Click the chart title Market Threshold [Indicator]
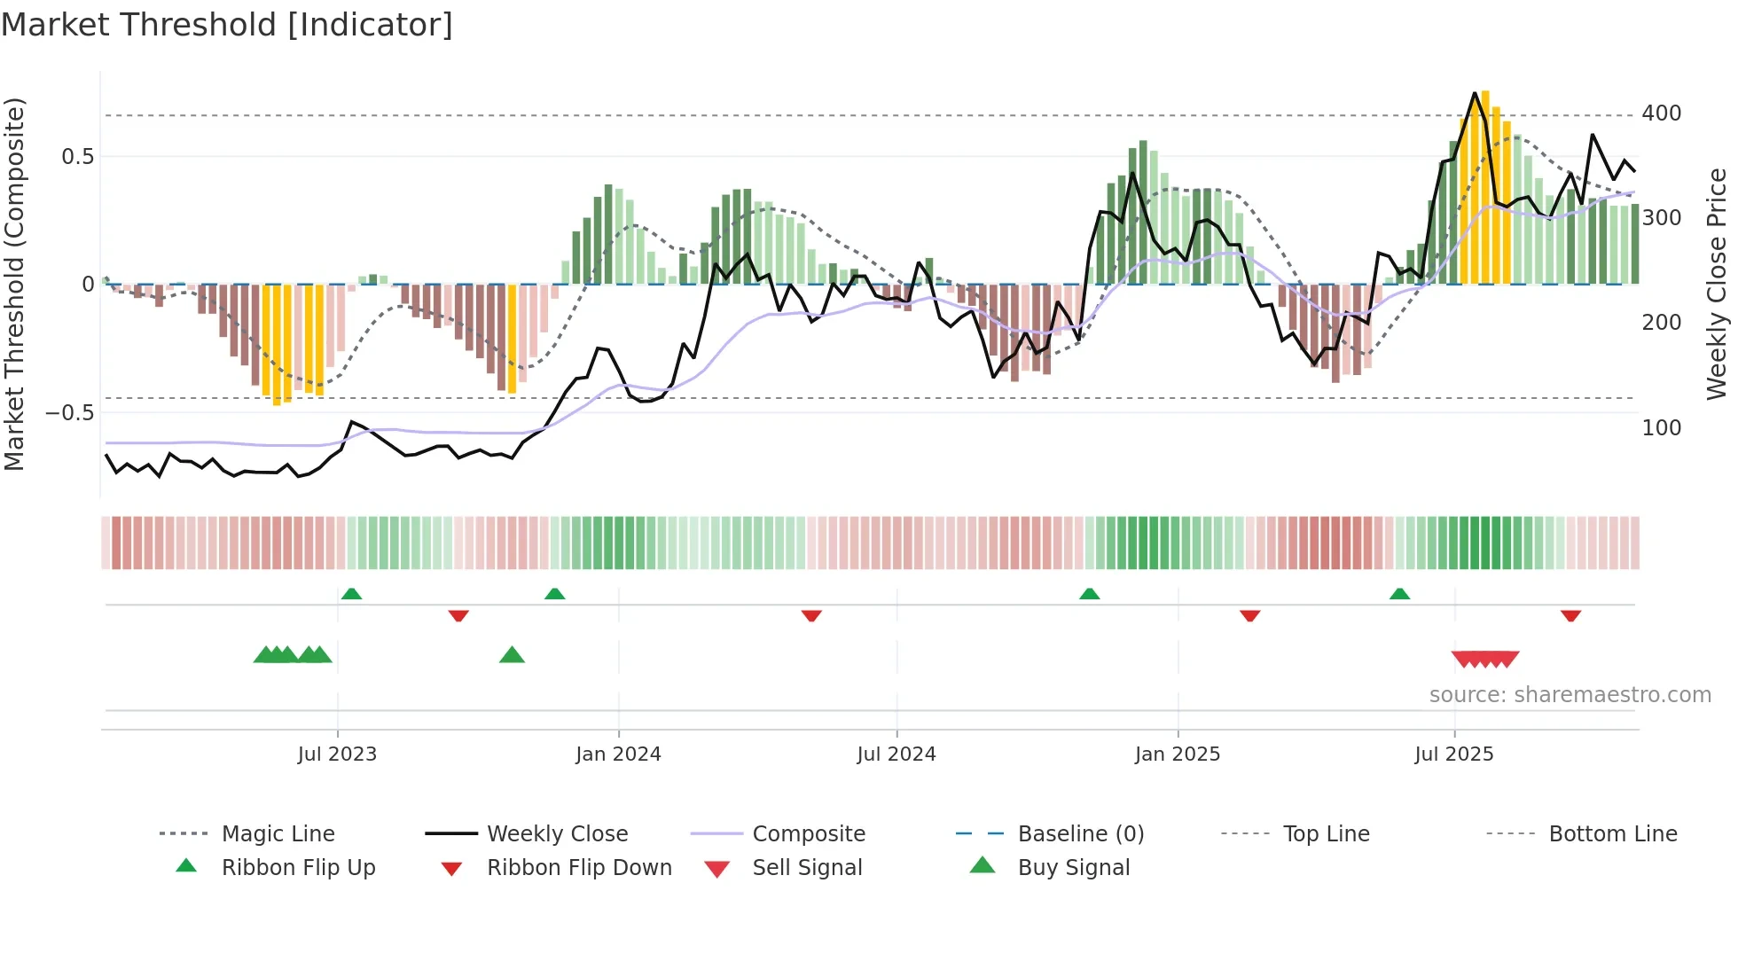coord(227,25)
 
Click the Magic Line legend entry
coord(278,833)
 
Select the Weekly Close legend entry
coord(557,833)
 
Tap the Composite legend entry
coord(808,833)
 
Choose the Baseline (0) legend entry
coord(1080,833)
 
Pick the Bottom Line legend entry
coord(1612,833)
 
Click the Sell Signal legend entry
coord(806,867)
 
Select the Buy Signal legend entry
coord(1073,867)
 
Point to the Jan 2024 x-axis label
coord(618,754)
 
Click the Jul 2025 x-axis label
coord(1453,754)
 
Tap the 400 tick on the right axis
coord(1661,113)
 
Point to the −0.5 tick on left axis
coord(69,412)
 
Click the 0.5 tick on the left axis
coord(77,157)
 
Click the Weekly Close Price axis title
coord(1717,284)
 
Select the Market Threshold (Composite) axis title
coord(14,284)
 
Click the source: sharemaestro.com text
coord(1570,694)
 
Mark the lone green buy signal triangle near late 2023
coord(512,655)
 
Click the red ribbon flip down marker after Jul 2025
coord(1570,615)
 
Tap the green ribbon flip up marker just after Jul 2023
coord(351,593)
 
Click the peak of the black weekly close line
coord(1475,92)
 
